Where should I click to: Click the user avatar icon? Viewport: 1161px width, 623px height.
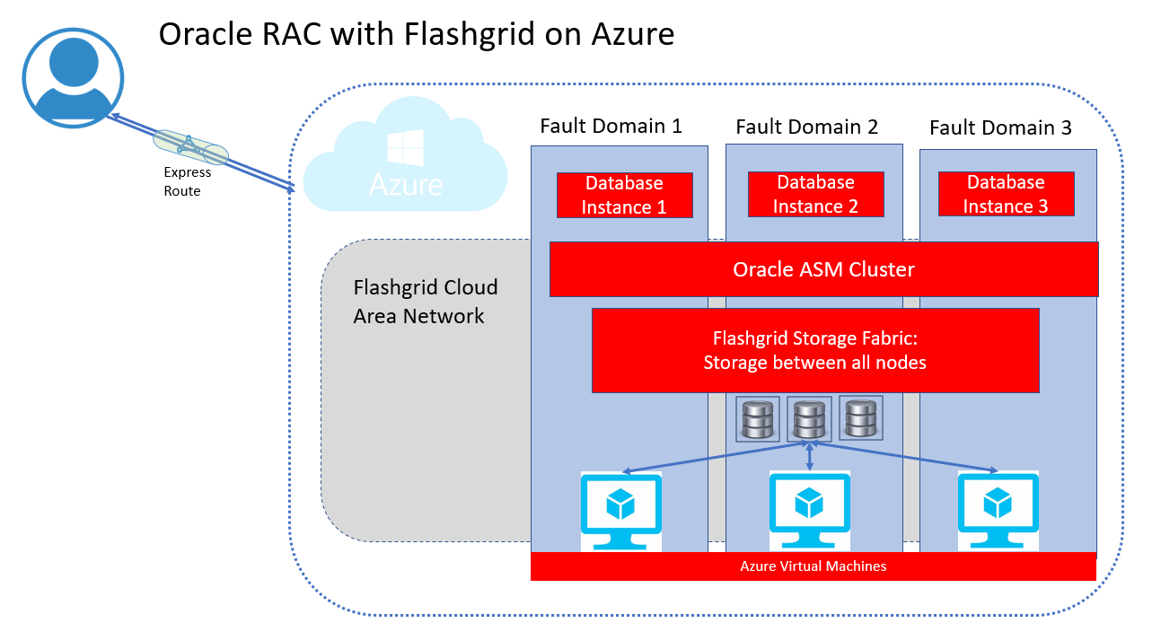coord(73,76)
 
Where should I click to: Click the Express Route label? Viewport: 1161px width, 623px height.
coord(187,181)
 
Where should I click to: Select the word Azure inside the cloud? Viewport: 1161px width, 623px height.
coord(405,184)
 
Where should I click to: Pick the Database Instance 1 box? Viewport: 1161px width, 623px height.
coord(624,195)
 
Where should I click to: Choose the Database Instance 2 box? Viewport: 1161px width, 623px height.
coord(815,194)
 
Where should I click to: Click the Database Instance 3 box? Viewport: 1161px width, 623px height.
coord(1006,194)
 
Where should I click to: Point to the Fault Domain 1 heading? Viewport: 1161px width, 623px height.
coord(611,126)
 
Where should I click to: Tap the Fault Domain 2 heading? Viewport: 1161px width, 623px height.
coord(806,127)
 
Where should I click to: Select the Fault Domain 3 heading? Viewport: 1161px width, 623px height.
coord(1000,127)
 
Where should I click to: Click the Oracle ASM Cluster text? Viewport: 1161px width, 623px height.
coord(823,269)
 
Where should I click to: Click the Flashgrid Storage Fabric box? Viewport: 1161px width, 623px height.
coord(814,350)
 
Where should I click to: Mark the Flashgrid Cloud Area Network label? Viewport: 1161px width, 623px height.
coord(425,302)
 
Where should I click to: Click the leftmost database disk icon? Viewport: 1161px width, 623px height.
coord(757,418)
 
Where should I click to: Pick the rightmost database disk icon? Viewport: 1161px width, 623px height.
coord(860,417)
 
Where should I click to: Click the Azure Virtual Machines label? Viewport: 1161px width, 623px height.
coord(813,566)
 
